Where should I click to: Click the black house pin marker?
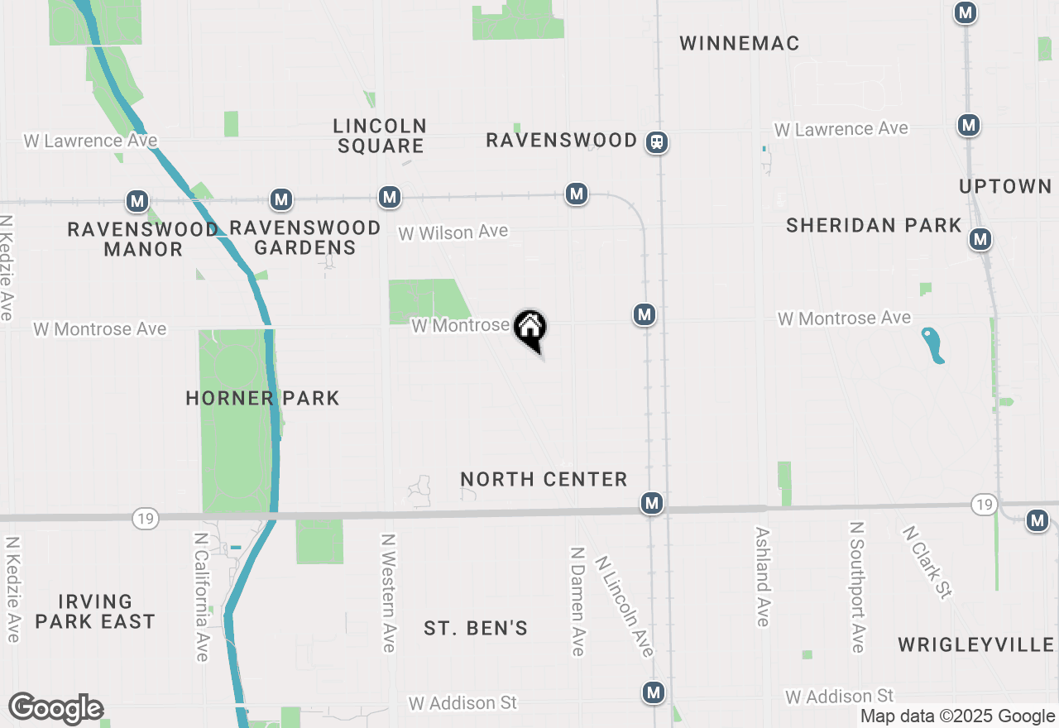[x=530, y=328]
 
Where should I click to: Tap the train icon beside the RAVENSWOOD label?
[x=657, y=142]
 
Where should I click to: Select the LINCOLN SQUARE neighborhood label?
[x=380, y=136]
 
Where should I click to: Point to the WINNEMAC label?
[x=740, y=44]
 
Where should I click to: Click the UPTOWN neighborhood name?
[x=1005, y=187]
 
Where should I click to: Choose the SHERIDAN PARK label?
[x=874, y=225]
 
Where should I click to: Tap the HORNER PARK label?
[x=262, y=398]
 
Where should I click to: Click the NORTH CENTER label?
[x=544, y=479]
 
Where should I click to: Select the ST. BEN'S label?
[x=476, y=629]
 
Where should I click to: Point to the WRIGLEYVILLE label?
[x=976, y=644]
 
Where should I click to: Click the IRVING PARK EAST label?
[x=95, y=611]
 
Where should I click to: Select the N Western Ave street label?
[x=388, y=591]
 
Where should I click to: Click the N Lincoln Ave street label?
[x=624, y=606]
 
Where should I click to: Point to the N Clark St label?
[x=926, y=562]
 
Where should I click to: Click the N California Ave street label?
[x=200, y=596]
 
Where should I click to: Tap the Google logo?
[x=55, y=709]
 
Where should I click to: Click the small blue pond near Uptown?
[x=933, y=345]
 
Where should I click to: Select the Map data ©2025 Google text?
[x=957, y=716]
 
